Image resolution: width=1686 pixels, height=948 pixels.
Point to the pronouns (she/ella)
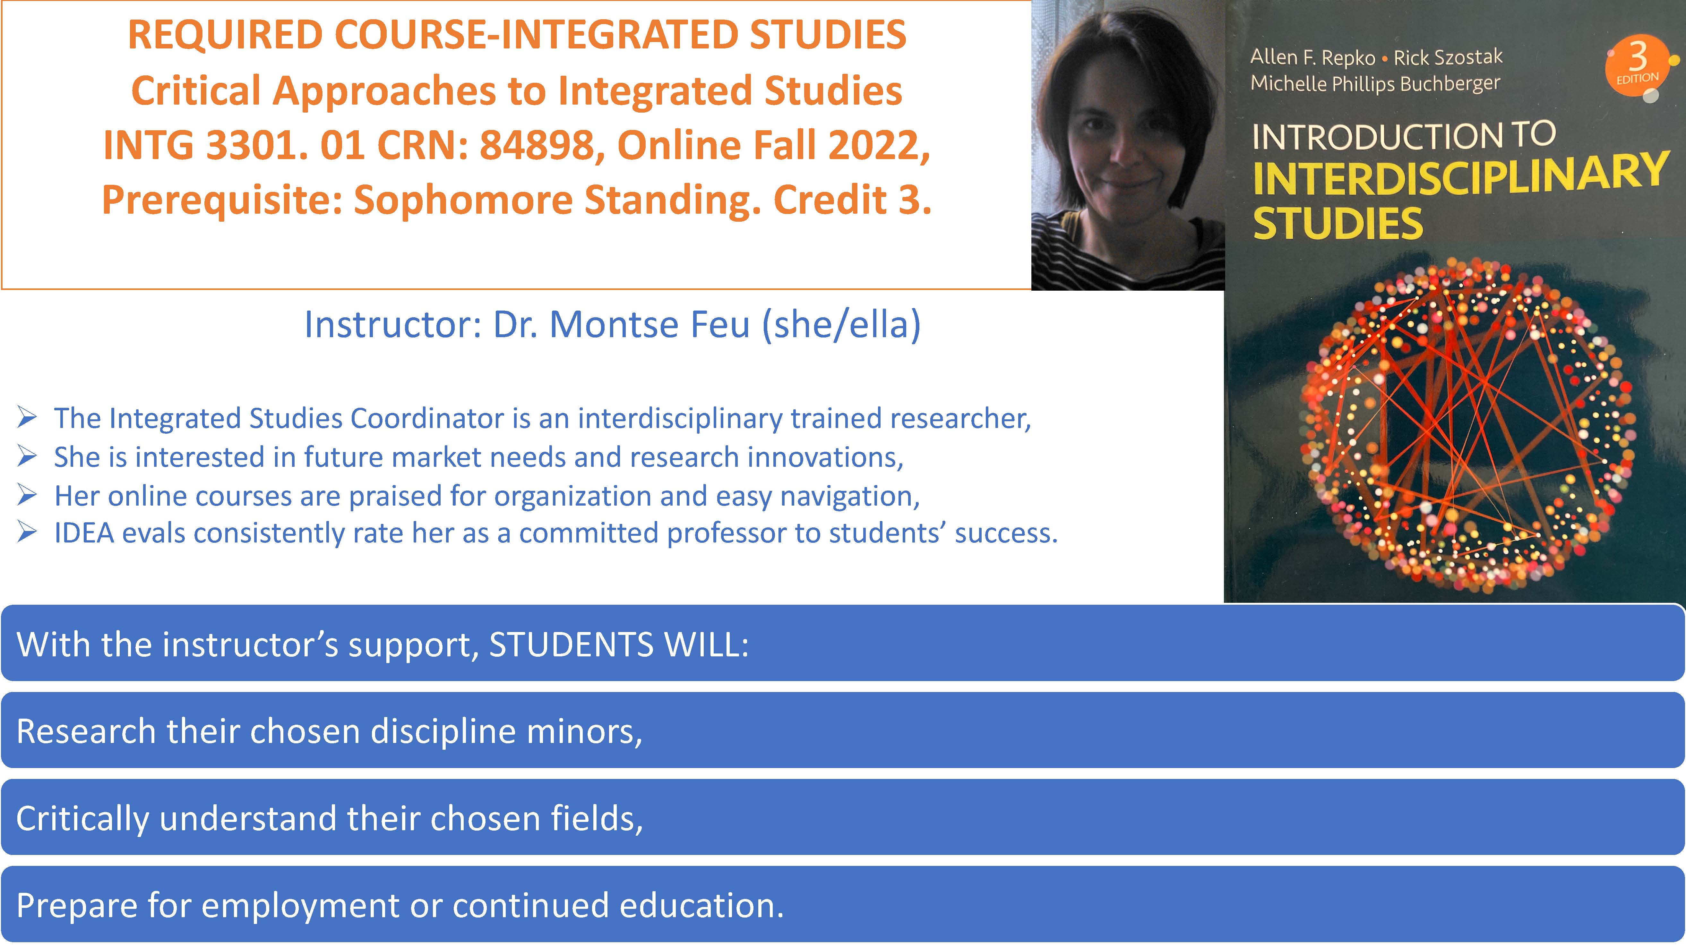(x=841, y=325)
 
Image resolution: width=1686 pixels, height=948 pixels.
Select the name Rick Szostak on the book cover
(x=1448, y=57)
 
